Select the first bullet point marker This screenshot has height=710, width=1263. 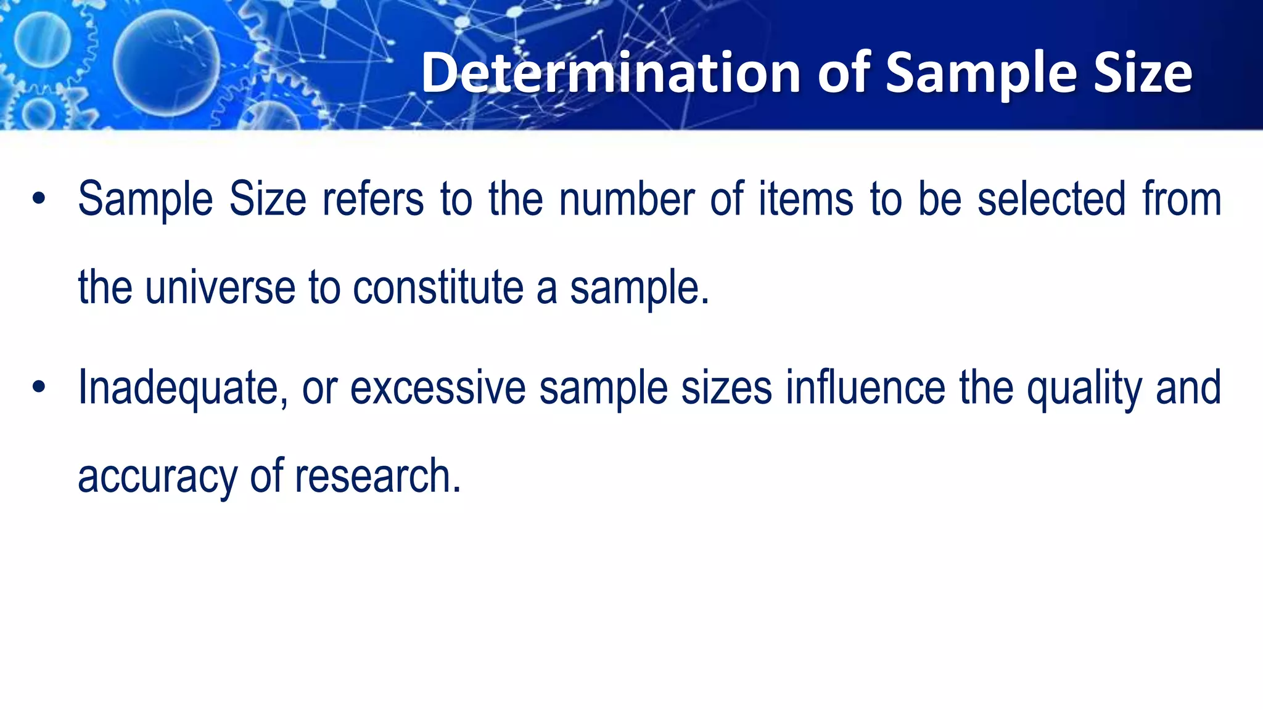pos(39,199)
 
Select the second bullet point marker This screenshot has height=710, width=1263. pos(39,388)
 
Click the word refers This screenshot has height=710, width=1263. pos(373,199)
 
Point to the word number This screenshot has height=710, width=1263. pos(627,199)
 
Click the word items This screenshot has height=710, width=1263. pos(806,199)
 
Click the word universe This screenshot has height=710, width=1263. pos(220,288)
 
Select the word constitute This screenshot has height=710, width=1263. pos(438,288)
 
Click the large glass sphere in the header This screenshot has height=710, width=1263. pos(166,63)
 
